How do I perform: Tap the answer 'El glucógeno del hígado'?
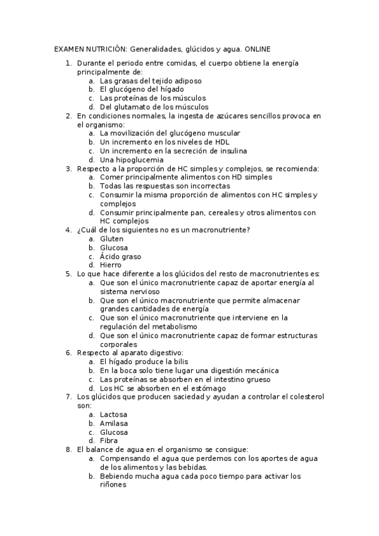(141, 90)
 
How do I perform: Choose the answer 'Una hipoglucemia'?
(128, 160)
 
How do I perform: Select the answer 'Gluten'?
(111, 239)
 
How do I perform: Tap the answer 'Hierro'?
(111, 265)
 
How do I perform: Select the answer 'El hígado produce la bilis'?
(144, 362)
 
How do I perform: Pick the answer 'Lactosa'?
(113, 414)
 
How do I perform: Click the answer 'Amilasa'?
(114, 423)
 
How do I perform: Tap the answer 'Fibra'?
(109, 441)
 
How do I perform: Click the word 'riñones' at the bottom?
(113, 485)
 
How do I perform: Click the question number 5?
(68, 274)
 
